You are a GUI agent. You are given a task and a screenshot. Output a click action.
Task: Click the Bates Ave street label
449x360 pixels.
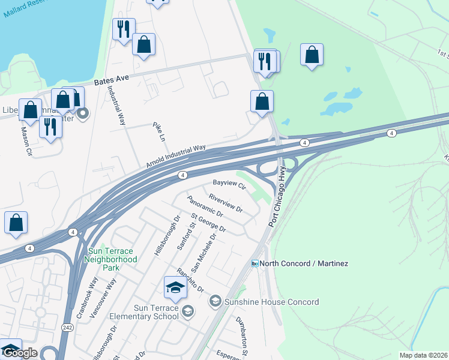[112, 79]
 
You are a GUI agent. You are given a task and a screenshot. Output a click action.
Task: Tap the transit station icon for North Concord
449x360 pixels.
[255, 263]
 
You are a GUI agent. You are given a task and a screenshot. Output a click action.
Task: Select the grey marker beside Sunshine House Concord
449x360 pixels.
[215, 301]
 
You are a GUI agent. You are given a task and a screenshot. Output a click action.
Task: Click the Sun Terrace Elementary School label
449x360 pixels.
[144, 312]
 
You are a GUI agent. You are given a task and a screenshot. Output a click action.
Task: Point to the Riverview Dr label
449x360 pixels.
[225, 203]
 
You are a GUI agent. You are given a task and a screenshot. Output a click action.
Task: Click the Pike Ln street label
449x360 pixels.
[158, 131]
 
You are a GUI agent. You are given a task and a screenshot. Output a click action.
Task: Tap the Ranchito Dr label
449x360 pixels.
[190, 281]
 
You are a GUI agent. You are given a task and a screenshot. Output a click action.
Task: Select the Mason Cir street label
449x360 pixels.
[26, 141]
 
